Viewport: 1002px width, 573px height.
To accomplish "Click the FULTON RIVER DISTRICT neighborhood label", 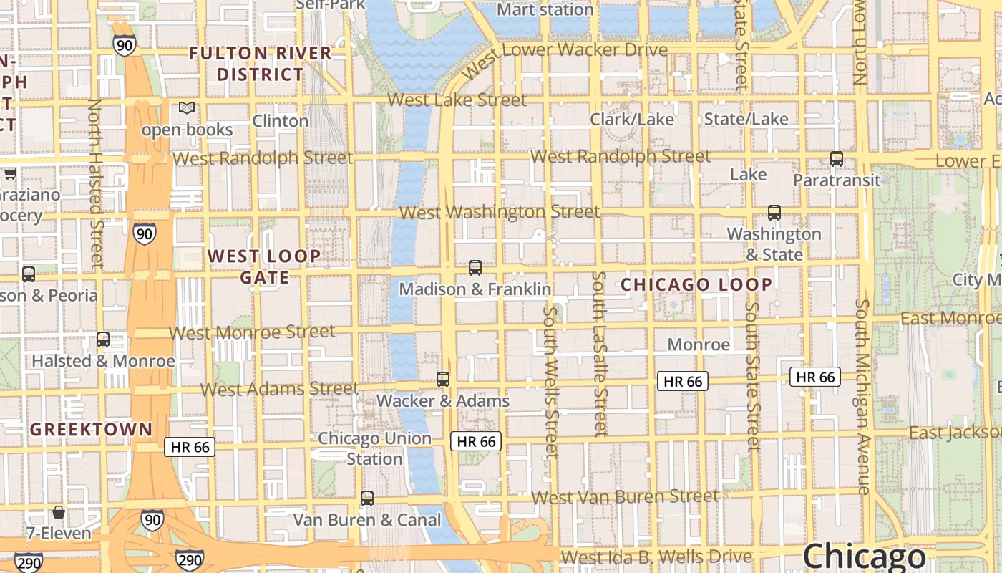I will tap(261, 64).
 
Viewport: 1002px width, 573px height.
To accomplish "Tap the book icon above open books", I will tap(187, 108).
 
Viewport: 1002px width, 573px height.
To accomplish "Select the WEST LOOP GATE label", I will tap(264, 266).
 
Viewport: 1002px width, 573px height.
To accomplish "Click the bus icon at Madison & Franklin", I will tap(475, 268).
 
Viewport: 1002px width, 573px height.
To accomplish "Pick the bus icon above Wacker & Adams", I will tap(443, 380).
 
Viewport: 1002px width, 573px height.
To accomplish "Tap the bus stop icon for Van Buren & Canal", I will tap(367, 498).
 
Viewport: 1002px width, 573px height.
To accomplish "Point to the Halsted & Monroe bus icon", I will tap(103, 340).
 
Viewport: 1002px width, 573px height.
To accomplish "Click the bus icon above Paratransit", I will tap(836, 159).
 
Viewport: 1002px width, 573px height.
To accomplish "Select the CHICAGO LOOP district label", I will tap(696, 284).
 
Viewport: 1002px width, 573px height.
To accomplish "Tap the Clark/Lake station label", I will tap(632, 120).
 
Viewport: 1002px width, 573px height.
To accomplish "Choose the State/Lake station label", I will tap(746, 120).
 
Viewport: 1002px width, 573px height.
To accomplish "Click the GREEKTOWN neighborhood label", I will tap(92, 430).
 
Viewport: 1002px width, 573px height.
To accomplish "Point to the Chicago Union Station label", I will tap(374, 448).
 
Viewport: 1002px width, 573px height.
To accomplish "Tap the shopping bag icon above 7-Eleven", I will tap(59, 513).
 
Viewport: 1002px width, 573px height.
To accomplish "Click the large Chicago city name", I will tap(864, 557).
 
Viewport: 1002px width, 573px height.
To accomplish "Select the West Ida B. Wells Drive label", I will tap(656, 557).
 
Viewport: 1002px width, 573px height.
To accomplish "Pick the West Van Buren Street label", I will tap(626, 496).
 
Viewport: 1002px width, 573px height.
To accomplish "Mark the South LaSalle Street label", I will tap(600, 354).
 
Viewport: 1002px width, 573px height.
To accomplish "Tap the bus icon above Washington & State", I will tap(774, 213).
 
